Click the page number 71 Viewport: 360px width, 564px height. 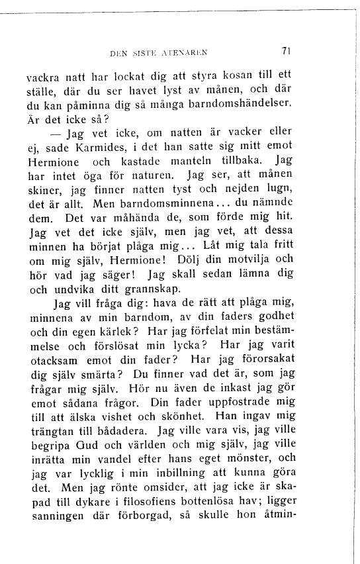tap(286, 50)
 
